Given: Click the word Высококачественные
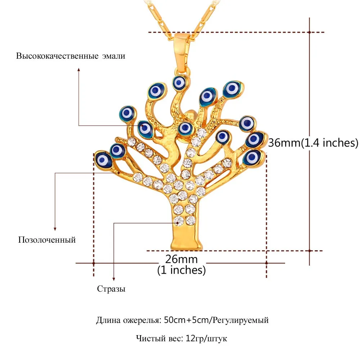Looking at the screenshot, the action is pos(57,56).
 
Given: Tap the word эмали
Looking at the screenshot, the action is pos(114,56).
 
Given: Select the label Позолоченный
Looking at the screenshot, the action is pos(47,240).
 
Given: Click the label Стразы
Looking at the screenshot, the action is pos(111,289).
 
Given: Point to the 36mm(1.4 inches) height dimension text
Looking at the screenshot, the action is pos(313,143).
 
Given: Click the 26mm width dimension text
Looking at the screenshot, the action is pos(181,259).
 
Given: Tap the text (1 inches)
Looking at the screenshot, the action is pos(181,270).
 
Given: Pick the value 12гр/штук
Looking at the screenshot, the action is pos(206,338).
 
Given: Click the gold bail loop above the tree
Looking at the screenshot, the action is pos(182,51).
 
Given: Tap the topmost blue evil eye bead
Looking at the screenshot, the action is pos(180,83).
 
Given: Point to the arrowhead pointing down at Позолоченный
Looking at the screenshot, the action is pos(55,229).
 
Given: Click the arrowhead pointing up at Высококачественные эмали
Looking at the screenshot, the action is pos(79,69).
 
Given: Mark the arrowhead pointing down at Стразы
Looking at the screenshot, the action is pos(114,279).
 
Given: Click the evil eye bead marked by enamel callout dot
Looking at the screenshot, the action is pos(145,129).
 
